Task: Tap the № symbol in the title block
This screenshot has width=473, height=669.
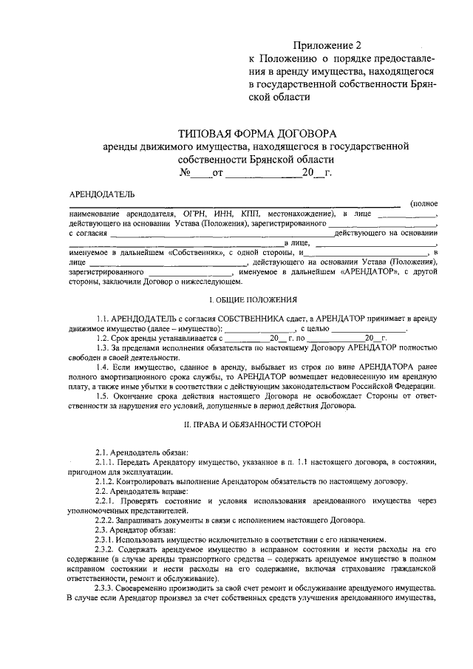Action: [x=185, y=174]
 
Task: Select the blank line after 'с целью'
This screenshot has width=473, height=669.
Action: [x=368, y=326]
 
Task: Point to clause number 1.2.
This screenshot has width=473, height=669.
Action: [x=103, y=336]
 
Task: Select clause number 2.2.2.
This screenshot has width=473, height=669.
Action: [x=106, y=520]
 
